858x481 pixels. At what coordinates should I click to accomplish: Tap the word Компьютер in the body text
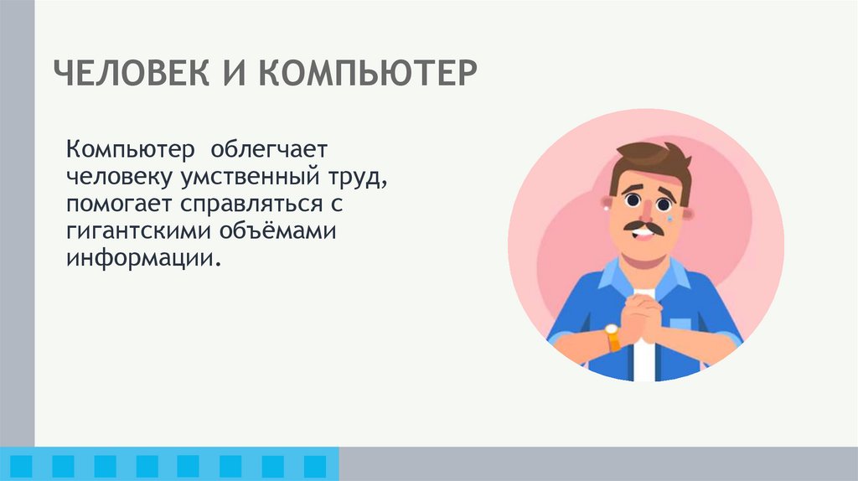[x=132, y=150]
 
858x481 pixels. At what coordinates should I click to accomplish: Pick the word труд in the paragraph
[x=359, y=178]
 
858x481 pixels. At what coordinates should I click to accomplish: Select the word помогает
[x=123, y=204]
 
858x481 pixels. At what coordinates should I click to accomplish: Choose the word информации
[x=143, y=257]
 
